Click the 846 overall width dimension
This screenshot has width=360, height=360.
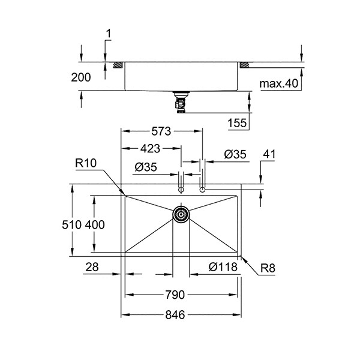coord(175,315)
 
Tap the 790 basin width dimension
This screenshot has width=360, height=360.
coord(175,295)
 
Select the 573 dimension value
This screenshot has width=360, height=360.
coord(161,131)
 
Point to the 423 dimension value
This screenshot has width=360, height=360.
coord(150,149)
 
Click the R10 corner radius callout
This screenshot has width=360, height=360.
coord(86,163)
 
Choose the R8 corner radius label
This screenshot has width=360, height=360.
coord(268,268)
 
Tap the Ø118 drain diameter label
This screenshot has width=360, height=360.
coord(223,267)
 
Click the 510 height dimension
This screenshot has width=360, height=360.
coord(71,224)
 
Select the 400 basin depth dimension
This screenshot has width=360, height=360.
coord(95,224)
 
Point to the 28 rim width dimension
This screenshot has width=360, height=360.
coord(92,267)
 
